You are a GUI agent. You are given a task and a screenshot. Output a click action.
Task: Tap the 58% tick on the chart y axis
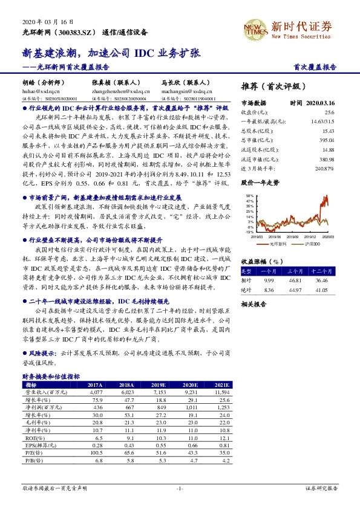[x=249, y=196]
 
